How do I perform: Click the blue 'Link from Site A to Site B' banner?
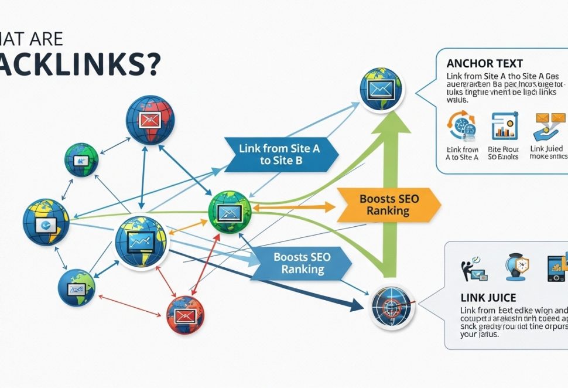[279, 155]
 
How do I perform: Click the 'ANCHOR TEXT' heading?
[484, 63]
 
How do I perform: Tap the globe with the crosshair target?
[392, 305]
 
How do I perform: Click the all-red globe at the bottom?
[185, 315]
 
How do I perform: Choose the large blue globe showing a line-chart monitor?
[142, 241]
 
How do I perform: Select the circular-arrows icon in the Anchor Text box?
[461, 126]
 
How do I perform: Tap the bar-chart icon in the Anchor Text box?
[503, 126]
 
